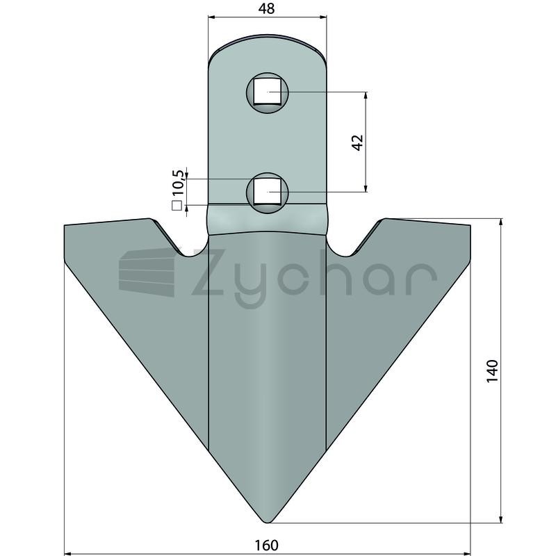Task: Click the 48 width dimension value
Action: (x=267, y=8)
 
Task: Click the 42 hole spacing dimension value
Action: (x=358, y=142)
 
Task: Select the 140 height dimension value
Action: (x=492, y=371)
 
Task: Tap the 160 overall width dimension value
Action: (x=267, y=545)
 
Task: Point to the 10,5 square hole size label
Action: (x=179, y=183)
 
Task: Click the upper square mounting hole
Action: (x=268, y=92)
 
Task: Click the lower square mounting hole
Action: (x=268, y=192)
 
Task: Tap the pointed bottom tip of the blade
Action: (x=267, y=523)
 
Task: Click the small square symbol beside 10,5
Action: (x=177, y=206)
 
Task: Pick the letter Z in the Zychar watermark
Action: (x=207, y=272)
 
